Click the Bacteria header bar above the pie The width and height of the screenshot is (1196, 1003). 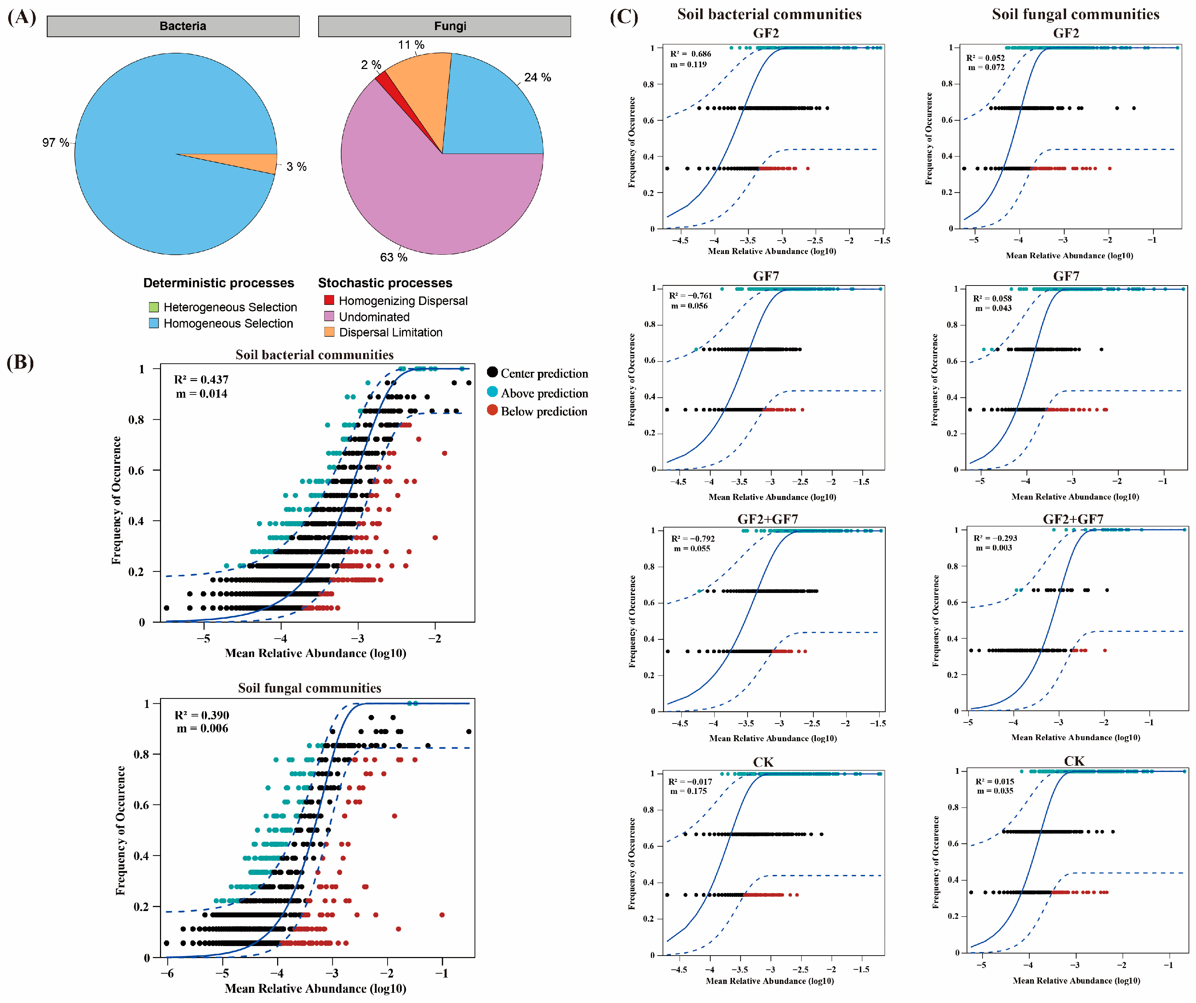173,26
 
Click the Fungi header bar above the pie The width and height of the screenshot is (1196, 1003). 444,26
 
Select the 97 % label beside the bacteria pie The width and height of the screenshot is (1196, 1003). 55,142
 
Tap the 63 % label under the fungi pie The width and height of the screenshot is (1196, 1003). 394,257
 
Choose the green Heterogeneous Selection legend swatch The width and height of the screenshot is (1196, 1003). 153,307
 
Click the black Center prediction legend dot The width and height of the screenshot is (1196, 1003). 492,372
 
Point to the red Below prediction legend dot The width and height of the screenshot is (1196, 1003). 492,410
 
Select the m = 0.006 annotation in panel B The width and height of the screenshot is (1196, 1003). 202,728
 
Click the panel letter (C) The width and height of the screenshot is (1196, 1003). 624,17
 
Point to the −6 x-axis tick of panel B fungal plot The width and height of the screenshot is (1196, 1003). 167,973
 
